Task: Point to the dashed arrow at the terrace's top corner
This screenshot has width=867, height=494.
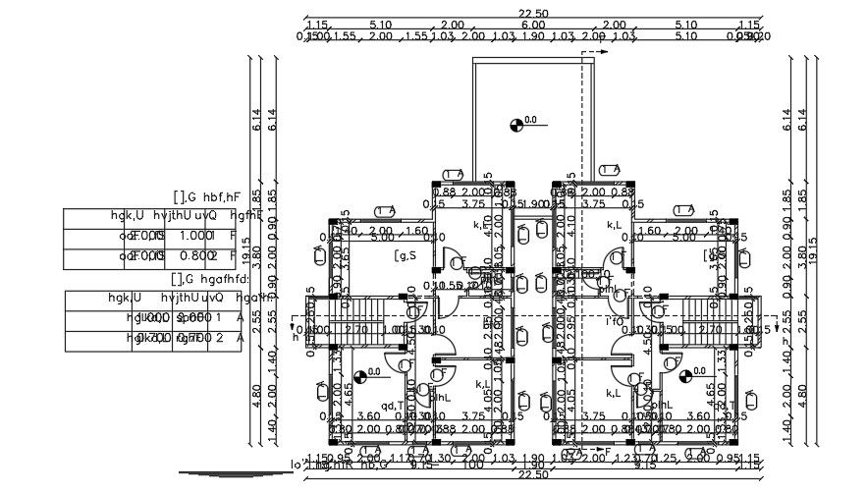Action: (x=599, y=51)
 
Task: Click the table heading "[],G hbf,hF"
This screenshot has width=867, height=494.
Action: (x=206, y=197)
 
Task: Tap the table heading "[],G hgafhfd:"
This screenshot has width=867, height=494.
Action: (x=211, y=279)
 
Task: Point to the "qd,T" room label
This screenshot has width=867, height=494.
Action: (x=393, y=405)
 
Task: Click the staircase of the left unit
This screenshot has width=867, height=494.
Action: (x=350, y=316)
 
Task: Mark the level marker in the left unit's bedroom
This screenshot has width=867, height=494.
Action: (x=360, y=374)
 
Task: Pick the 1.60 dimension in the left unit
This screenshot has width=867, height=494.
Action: (x=416, y=231)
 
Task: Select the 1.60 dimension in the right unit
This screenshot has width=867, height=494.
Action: (x=648, y=231)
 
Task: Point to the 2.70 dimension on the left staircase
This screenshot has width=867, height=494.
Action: (x=359, y=330)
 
